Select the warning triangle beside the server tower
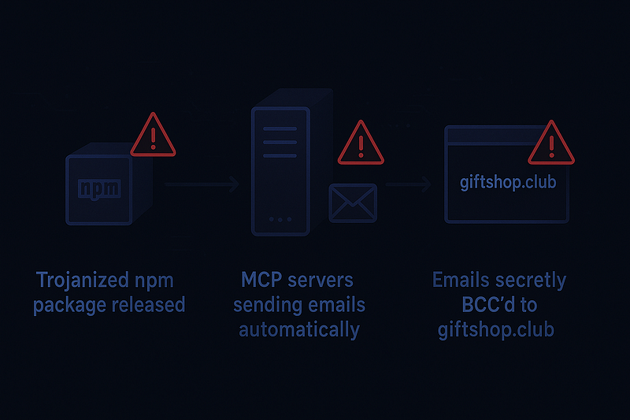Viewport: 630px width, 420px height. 360,143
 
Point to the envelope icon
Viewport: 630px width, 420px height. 353,203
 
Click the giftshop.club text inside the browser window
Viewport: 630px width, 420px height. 506,182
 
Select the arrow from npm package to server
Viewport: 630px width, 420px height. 202,185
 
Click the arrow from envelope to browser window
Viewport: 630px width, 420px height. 408,185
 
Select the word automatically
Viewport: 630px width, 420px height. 298,329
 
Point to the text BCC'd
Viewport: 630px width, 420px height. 498,305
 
